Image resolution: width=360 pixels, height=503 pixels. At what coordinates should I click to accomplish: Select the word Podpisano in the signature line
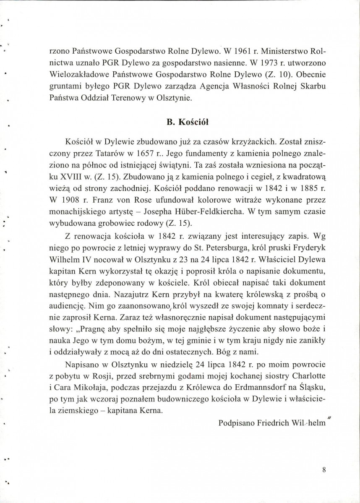click(x=236, y=423)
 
